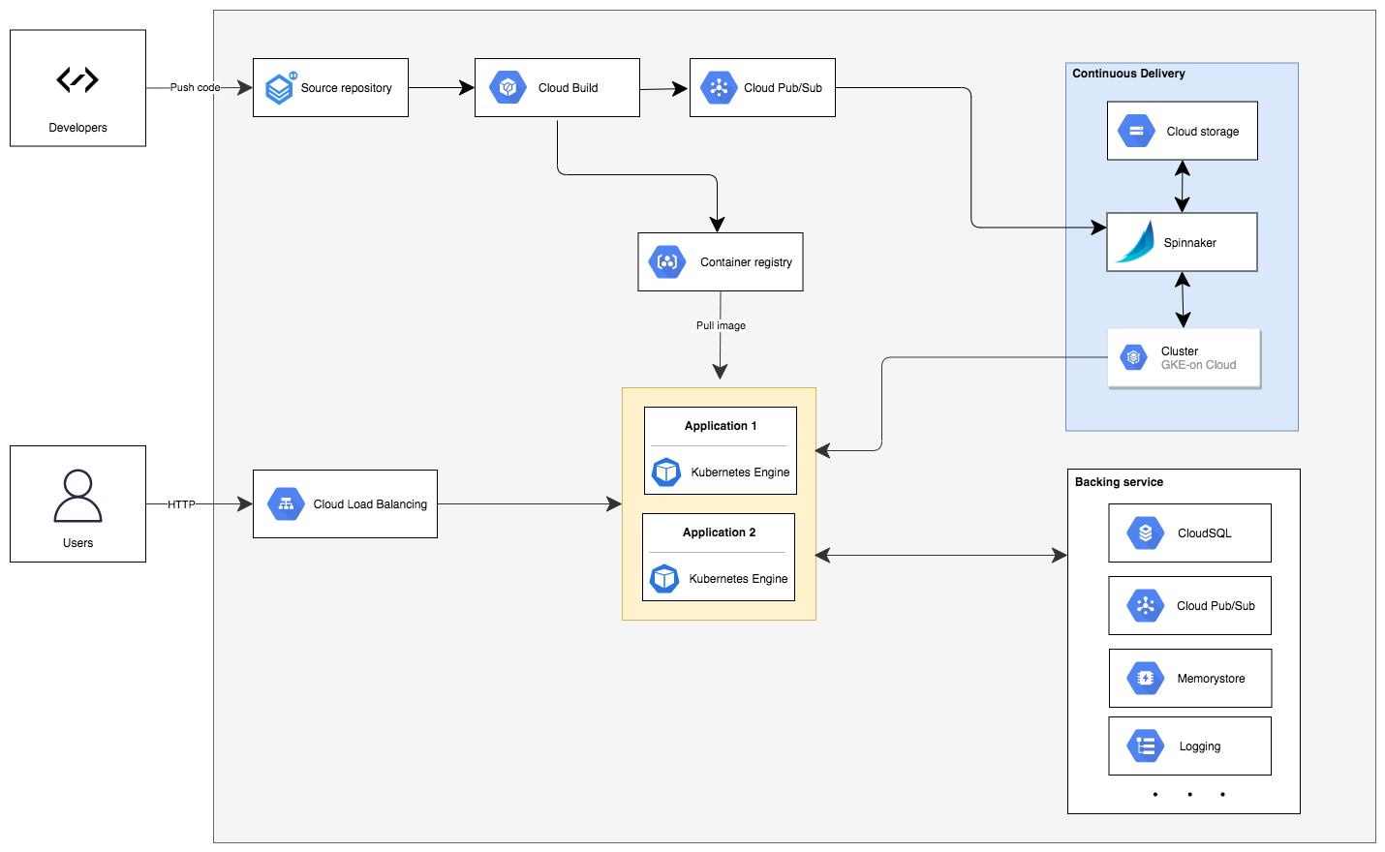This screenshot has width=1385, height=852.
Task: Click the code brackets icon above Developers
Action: click(77, 79)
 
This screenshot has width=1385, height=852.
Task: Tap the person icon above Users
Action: click(77, 496)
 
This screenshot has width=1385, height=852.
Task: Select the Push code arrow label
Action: click(196, 87)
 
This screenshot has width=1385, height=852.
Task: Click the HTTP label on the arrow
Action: click(181, 503)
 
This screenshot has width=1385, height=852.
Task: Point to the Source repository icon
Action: click(281, 88)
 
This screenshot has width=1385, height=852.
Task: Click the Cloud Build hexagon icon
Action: click(508, 87)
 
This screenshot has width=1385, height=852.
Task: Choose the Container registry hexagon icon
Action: click(667, 261)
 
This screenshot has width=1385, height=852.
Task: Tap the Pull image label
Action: click(721, 325)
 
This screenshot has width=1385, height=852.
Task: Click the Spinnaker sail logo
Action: click(1135, 242)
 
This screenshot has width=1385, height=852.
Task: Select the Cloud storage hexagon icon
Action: click(1136, 131)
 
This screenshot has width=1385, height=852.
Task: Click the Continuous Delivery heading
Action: click(1128, 73)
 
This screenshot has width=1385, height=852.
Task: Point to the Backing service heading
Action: click(1119, 481)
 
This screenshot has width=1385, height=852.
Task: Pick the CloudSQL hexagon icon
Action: click(1145, 532)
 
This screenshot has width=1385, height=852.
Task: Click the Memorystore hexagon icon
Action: click(1145, 678)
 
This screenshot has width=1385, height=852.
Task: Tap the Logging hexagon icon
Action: click(1145, 745)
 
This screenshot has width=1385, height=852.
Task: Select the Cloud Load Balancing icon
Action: click(286, 503)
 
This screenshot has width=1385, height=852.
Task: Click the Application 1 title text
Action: click(721, 425)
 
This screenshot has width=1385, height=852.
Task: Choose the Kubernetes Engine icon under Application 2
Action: click(664, 579)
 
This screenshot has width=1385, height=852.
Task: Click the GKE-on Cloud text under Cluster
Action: click(1198, 365)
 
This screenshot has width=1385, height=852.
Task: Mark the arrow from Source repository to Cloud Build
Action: click(442, 88)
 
